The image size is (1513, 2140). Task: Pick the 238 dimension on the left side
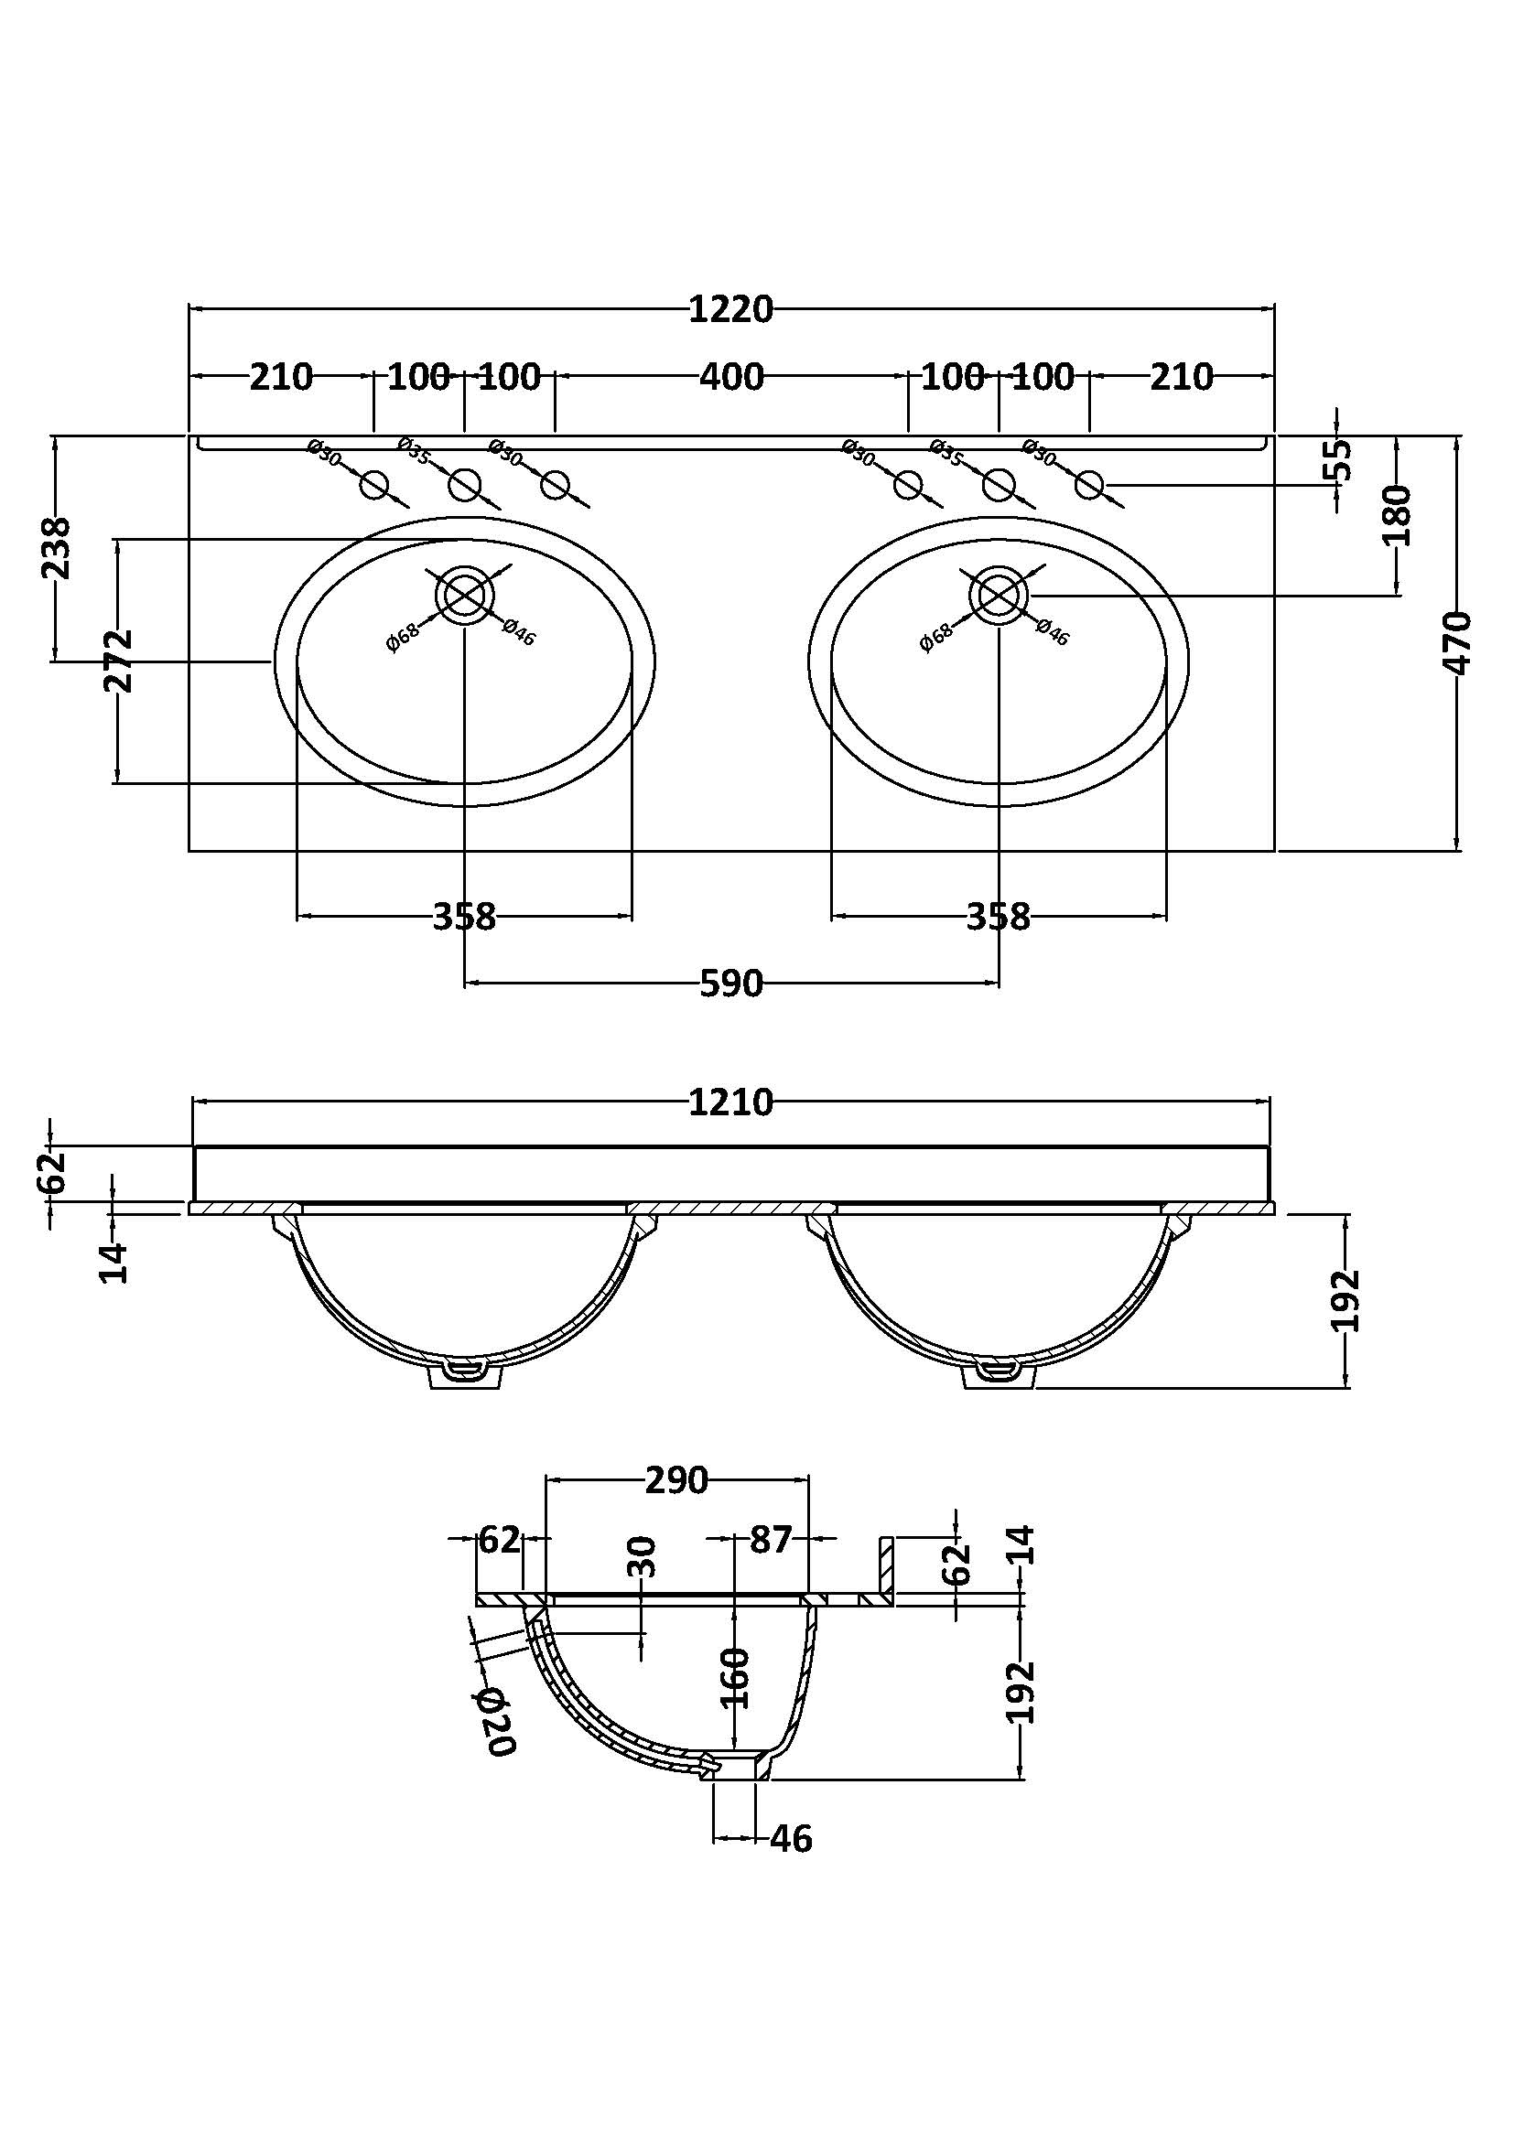coord(58,548)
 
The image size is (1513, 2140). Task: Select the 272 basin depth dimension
coord(119,660)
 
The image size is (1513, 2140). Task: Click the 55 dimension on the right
coord(1339,458)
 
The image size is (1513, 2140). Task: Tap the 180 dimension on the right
coord(1398,515)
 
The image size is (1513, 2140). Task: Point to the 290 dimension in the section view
coord(676,1479)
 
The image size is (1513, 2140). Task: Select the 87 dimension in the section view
coord(770,1540)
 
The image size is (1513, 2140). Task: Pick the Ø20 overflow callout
coord(497,1722)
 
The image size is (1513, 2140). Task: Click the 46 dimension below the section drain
coord(792,1839)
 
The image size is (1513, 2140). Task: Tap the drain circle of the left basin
coord(463,594)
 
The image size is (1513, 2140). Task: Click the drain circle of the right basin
coord(999,594)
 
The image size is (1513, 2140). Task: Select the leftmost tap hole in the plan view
coord(374,485)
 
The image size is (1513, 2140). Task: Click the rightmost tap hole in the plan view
coord(1089,485)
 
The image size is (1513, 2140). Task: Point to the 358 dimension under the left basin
coord(463,917)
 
